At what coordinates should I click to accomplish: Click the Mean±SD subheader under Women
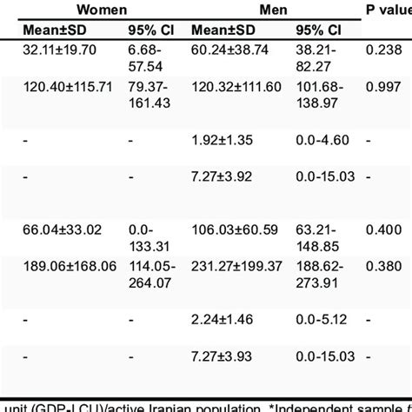tap(56, 31)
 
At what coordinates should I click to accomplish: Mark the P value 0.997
tap(384, 88)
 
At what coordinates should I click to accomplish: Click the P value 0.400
tap(384, 229)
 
